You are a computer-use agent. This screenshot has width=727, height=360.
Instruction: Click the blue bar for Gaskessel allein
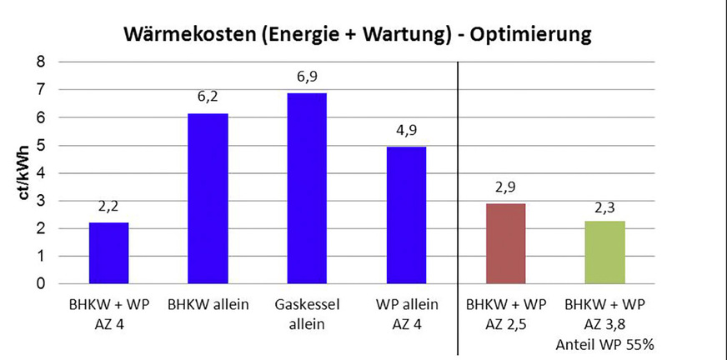click(x=307, y=188)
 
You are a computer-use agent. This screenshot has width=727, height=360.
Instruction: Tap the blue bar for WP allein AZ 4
click(x=406, y=215)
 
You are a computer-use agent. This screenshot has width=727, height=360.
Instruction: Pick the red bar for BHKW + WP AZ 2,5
click(x=504, y=243)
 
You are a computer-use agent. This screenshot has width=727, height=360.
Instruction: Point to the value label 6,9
click(x=307, y=77)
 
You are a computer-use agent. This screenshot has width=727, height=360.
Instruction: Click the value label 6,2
click(x=208, y=97)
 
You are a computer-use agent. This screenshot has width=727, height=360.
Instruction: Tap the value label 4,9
click(x=406, y=131)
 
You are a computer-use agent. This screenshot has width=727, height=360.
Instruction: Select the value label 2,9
click(x=504, y=187)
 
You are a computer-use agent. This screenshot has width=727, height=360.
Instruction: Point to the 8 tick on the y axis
click(x=40, y=62)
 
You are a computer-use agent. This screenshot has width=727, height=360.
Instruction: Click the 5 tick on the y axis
click(x=40, y=145)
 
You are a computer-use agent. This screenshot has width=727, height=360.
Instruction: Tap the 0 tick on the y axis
click(x=40, y=284)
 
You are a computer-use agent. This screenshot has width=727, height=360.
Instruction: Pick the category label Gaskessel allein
click(x=307, y=313)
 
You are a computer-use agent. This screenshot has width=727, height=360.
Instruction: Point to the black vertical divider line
click(x=458, y=208)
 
